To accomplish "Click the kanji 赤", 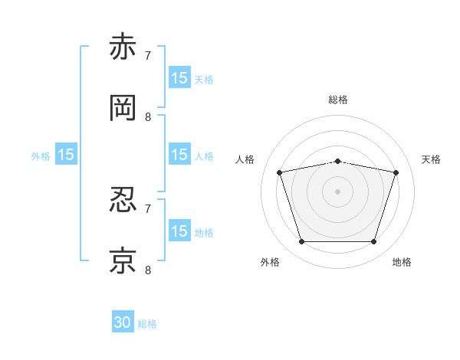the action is tap(123, 46).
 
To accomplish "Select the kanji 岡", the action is tap(123, 108).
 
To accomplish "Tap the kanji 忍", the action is tap(123, 200).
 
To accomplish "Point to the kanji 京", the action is tap(123, 260).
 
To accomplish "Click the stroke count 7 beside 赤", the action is tap(148, 55).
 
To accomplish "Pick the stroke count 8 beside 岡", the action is tap(148, 117).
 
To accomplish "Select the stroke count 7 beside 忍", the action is tap(148, 209).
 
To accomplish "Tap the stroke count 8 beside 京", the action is tap(148, 270).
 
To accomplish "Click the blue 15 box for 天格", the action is tap(179, 77).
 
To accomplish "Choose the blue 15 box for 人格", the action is tap(179, 154).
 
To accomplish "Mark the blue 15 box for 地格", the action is tap(179, 230).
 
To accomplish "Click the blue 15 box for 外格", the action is tap(66, 154).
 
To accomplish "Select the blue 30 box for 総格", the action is tap(123, 321).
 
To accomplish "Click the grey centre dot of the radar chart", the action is tap(337, 191).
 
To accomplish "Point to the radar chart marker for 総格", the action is tap(337, 162).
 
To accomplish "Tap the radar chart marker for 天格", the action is tap(396, 172).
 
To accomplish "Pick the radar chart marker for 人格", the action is tap(280, 172).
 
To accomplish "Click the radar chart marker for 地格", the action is tap(373, 241).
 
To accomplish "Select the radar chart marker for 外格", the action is tap(302, 241).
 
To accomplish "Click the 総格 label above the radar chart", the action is tap(338, 100).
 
